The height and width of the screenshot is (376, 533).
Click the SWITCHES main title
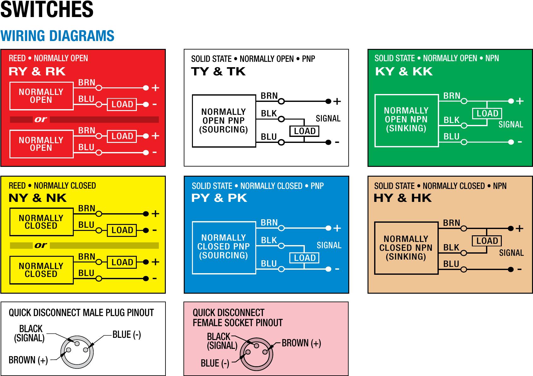(47, 9)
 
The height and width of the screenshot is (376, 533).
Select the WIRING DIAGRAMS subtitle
(57, 36)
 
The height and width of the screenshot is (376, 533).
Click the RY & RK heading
(37, 72)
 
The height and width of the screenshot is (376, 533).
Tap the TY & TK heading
(218, 72)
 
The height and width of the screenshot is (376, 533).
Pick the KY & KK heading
(404, 72)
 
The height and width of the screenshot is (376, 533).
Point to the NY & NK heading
(38, 198)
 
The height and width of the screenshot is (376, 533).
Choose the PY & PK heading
(219, 198)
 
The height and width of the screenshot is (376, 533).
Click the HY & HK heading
(403, 198)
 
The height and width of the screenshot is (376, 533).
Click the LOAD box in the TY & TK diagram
(304, 131)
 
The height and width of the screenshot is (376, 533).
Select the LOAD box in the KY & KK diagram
(487, 114)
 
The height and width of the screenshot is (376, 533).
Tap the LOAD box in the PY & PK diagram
(304, 258)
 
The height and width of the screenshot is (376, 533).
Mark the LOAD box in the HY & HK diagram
(487, 241)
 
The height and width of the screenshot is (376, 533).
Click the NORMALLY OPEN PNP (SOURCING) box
(224, 121)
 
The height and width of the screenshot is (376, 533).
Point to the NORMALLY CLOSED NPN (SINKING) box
(406, 248)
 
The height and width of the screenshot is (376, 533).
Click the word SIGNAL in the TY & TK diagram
(328, 119)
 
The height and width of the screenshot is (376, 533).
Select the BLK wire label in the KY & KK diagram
(451, 120)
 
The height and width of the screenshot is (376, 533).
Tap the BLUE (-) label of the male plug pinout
(127, 335)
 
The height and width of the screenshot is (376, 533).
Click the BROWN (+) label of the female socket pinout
(301, 343)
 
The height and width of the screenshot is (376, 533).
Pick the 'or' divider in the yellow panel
(41, 245)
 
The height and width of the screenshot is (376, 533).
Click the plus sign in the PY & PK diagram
(337, 228)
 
